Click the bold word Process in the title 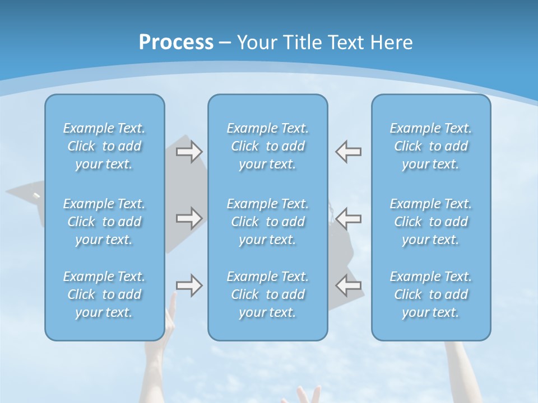176,43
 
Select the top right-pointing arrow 189,151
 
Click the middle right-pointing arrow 189,218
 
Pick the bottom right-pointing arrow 189,285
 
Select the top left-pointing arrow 349,151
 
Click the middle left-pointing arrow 349,218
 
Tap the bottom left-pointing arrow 349,285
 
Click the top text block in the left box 104,146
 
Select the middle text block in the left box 104,222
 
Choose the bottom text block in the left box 104,294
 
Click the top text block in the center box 268,146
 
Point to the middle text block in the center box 268,222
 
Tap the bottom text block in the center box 268,294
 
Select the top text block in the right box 431,146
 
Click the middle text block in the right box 431,222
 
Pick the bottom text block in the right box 431,294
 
